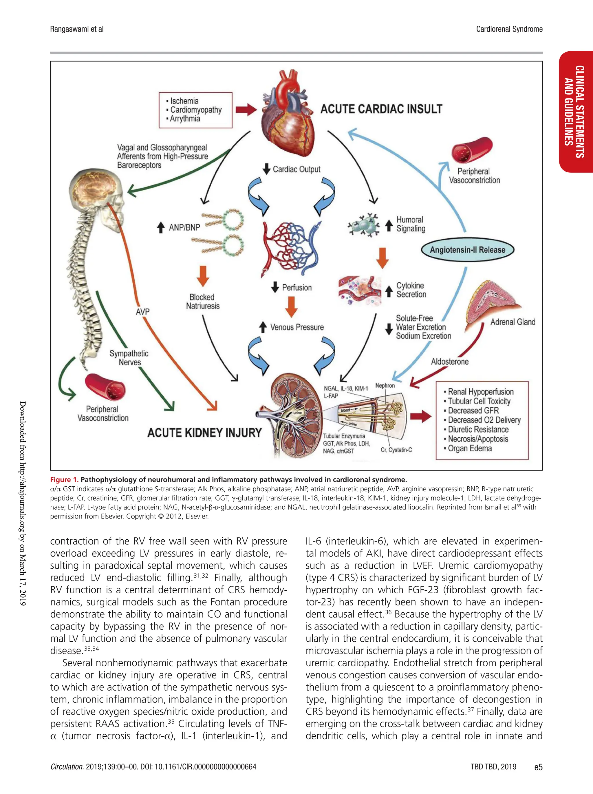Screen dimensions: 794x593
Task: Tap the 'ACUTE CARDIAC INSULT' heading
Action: click(381, 109)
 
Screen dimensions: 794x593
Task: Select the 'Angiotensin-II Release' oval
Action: click(467, 250)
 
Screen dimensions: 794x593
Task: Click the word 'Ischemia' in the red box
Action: click(184, 101)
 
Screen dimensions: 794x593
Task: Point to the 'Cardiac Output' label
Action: click(296, 169)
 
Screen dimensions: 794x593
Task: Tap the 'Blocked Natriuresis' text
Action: click(202, 302)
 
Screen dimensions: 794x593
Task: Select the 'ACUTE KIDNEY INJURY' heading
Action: click(204, 432)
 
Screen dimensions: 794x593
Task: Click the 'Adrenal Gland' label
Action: click(512, 322)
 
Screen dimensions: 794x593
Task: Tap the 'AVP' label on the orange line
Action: click(142, 312)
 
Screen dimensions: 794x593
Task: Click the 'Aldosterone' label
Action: click(449, 362)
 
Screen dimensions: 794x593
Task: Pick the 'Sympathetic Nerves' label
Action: click(129, 357)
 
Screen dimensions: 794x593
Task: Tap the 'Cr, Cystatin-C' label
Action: click(396, 449)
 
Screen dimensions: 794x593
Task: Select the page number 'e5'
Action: click(538, 767)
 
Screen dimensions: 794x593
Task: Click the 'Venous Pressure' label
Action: click(297, 327)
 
